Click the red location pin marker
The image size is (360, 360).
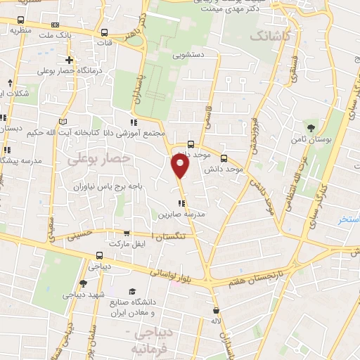(181, 166)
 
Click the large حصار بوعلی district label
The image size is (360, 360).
(99, 160)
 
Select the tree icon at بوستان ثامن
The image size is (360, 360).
(311, 127)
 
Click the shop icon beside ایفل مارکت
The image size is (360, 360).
(127, 233)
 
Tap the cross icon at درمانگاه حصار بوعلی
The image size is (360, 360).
(68, 60)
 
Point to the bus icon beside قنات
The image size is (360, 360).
(105, 32)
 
